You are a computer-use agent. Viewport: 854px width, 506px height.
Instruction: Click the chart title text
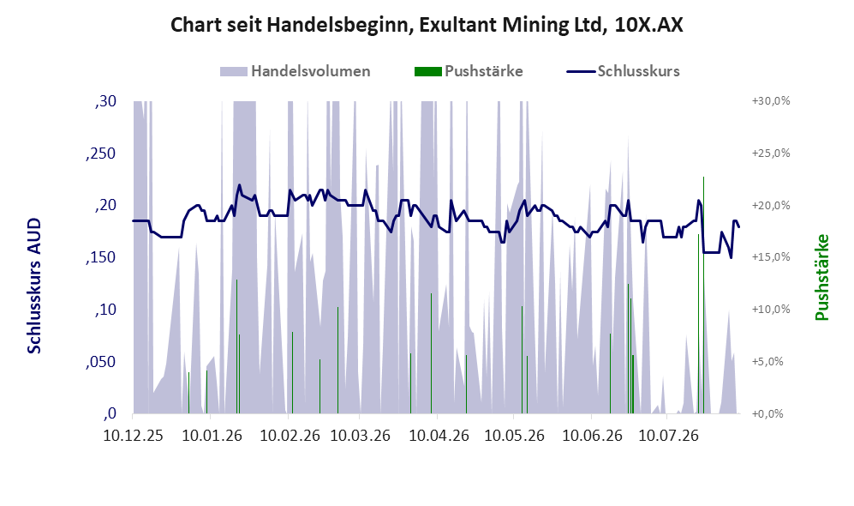427,25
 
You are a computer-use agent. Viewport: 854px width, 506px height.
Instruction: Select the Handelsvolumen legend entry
296,71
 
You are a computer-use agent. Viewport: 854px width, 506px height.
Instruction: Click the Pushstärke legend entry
469,71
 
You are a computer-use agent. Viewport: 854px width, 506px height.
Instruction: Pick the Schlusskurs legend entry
623,71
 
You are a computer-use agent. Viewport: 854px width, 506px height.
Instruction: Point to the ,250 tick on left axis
101,154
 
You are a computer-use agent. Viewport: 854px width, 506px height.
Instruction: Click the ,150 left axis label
101,257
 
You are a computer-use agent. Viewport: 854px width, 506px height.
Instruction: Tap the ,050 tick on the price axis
101,362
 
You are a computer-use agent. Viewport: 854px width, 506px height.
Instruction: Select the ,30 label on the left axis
105,101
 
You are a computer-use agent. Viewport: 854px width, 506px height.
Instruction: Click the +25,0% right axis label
771,154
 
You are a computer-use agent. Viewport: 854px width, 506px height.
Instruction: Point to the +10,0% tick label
771,309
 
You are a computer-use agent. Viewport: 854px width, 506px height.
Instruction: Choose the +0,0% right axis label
767,414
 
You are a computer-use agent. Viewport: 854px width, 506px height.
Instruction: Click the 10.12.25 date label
133,436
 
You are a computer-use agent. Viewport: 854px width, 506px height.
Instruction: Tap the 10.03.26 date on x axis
360,436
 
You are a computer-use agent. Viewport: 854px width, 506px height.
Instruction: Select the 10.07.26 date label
668,436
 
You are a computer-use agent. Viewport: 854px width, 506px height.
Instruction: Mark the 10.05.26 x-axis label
514,436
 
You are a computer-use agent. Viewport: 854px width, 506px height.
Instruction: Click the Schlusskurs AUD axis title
34,286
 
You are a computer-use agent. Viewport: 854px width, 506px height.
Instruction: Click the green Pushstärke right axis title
821,278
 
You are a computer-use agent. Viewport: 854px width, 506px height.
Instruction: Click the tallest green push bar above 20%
704,295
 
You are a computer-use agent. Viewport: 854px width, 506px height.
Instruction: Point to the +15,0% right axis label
771,256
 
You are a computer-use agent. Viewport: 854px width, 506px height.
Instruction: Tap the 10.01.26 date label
212,436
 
